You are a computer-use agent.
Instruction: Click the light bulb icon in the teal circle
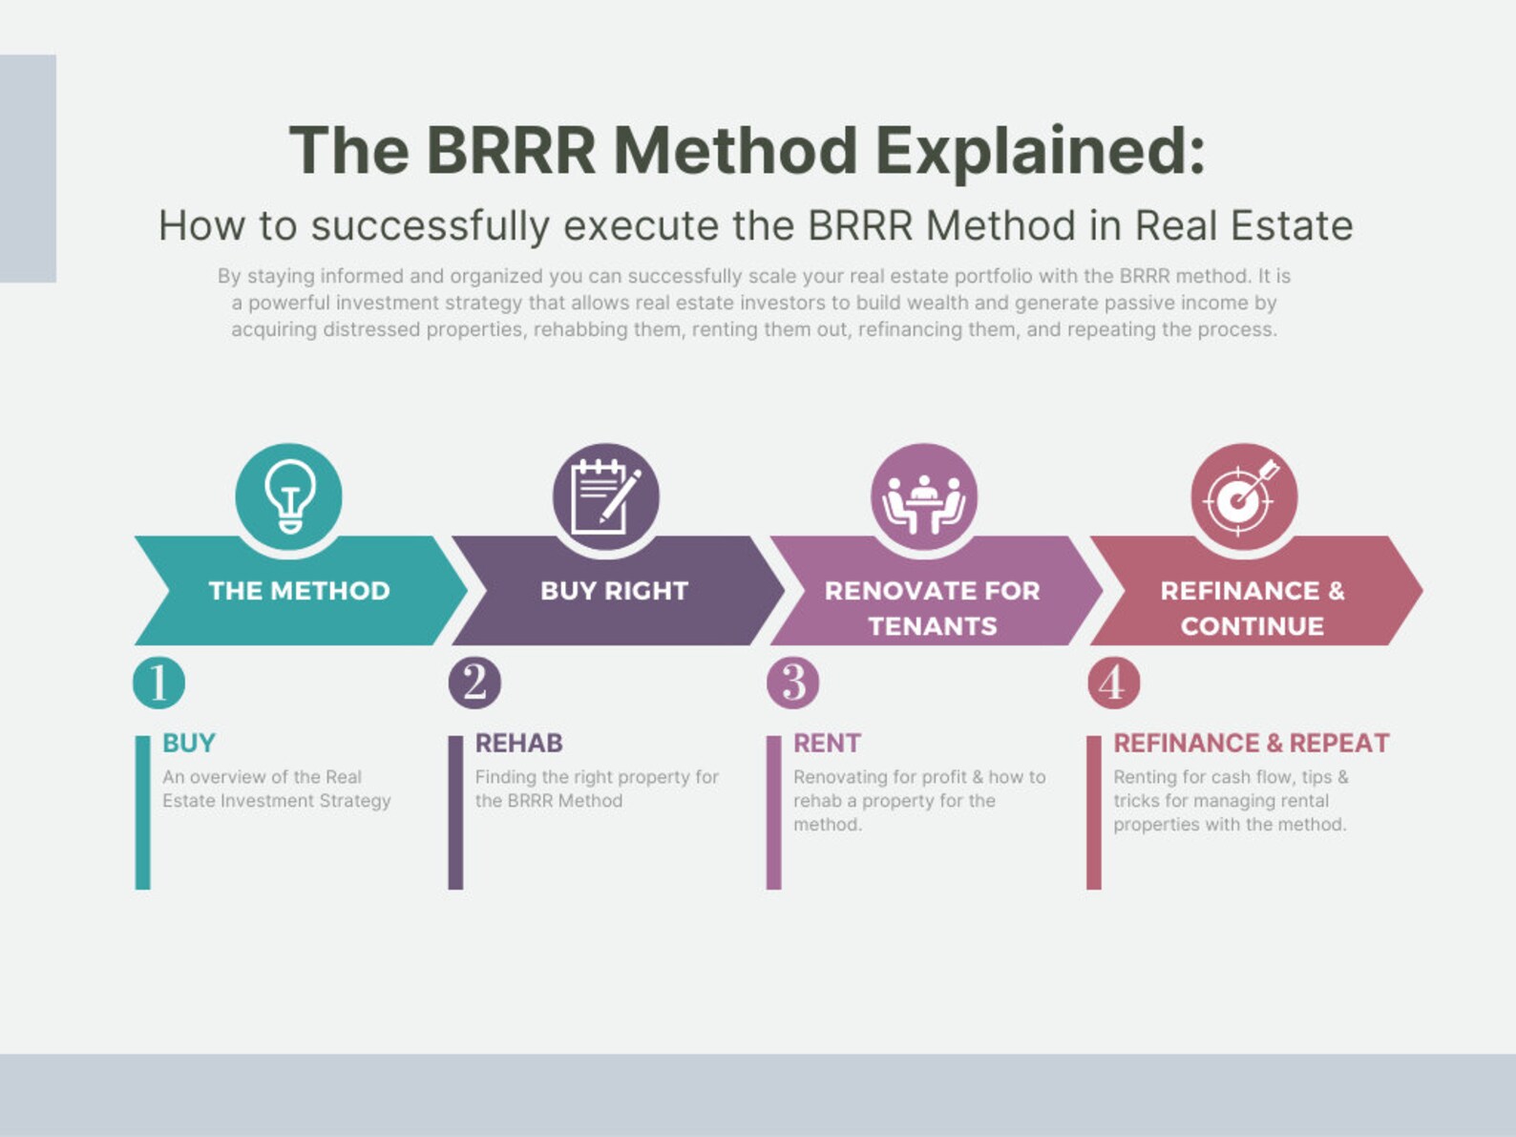click(289, 495)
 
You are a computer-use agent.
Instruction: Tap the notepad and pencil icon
click(605, 495)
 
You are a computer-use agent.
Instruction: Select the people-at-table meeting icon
click(923, 497)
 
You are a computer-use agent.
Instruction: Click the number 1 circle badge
click(158, 683)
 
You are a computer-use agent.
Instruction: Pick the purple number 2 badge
click(474, 683)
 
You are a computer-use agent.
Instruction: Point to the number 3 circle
click(793, 683)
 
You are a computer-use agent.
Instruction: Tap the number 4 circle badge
click(1113, 683)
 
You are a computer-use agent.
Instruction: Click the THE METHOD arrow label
click(299, 591)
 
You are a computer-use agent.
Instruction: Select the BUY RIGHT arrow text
click(614, 591)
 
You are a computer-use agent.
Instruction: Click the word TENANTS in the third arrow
click(932, 626)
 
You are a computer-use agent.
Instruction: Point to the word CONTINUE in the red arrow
click(1252, 626)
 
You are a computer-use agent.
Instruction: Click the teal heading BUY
click(188, 743)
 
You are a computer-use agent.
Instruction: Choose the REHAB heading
click(518, 743)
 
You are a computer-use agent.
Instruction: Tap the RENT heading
click(827, 743)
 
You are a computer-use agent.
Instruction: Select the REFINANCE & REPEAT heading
click(1251, 743)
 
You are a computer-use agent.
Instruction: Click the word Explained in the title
click(1040, 151)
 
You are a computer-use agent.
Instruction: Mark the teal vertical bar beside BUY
click(142, 811)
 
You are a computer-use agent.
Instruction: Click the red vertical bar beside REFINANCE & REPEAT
click(1093, 811)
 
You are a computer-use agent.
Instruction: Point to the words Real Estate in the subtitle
click(1243, 226)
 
